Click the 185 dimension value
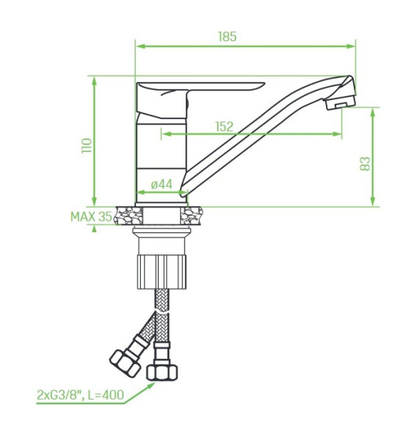tap(228, 37)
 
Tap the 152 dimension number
tap(224, 126)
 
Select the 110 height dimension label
tap(87, 146)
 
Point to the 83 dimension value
tap(365, 164)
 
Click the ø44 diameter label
tap(162, 184)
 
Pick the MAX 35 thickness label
tap(91, 217)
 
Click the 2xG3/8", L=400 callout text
tap(80, 395)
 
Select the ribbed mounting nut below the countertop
tap(162, 272)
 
